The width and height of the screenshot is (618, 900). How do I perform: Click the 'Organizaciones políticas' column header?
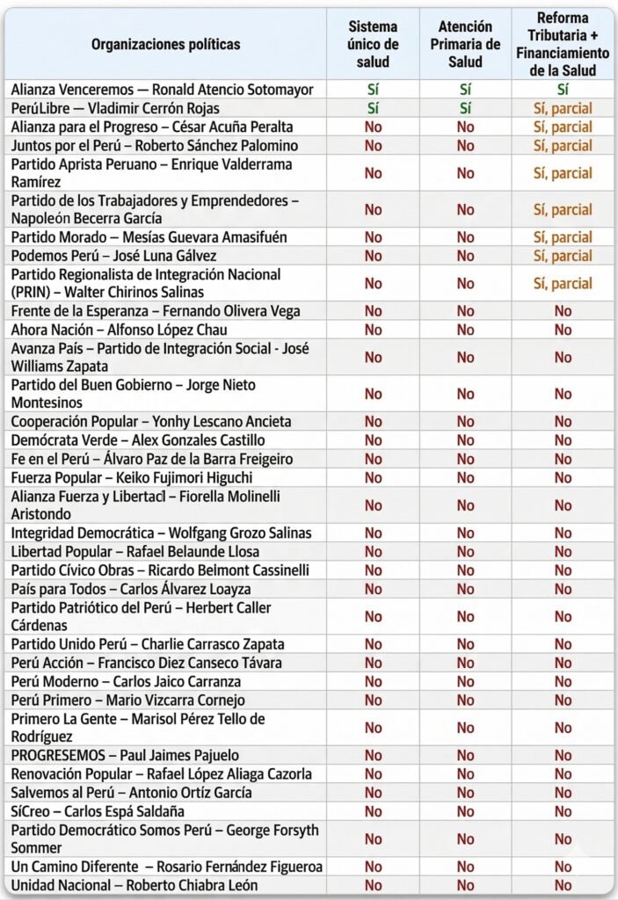(x=165, y=44)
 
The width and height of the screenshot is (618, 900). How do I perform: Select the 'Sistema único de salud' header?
(x=373, y=44)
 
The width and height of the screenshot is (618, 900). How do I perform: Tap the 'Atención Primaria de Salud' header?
(x=465, y=44)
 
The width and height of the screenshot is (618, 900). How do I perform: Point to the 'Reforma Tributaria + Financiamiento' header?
(x=563, y=44)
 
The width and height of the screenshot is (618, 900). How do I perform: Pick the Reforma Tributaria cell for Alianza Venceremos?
(x=563, y=90)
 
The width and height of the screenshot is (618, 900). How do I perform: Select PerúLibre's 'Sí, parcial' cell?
(x=563, y=108)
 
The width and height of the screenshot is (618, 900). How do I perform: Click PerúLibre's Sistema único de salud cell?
(x=373, y=108)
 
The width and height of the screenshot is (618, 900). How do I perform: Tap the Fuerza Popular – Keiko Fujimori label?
(x=132, y=477)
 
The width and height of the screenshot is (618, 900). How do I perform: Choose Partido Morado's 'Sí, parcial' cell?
(x=563, y=237)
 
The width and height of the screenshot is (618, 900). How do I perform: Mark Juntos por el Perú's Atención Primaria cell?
(x=465, y=146)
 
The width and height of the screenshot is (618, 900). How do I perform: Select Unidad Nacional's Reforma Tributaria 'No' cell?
(x=563, y=886)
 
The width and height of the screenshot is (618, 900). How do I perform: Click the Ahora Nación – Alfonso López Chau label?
(x=120, y=330)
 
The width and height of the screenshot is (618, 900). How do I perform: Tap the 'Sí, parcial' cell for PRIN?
(x=563, y=284)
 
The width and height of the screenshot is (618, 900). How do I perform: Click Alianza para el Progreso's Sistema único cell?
(x=373, y=127)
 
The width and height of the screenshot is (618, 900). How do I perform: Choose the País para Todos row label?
(x=131, y=589)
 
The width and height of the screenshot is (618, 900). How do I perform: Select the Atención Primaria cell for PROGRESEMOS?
(x=465, y=756)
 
